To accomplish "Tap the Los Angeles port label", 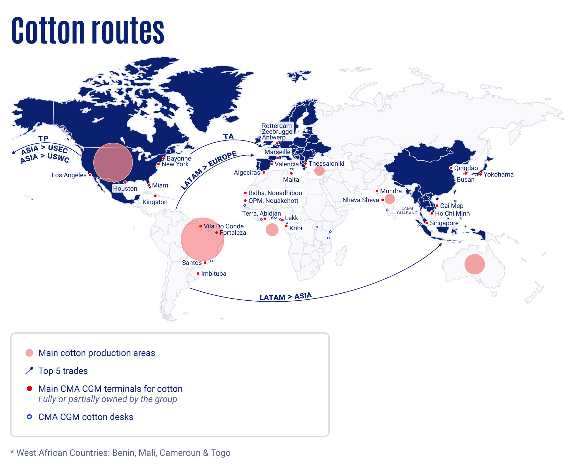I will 69,175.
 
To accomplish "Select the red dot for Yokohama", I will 480,174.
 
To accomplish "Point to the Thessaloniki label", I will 326,164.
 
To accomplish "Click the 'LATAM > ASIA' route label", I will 285,297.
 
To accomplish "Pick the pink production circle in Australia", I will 474,264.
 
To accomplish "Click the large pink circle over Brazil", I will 202,239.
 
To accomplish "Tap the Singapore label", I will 444,223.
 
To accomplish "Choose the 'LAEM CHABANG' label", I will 407,210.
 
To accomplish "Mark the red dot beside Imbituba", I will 198,274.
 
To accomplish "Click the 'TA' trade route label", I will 228,137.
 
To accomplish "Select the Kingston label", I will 155,202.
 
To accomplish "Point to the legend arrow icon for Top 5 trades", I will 29,371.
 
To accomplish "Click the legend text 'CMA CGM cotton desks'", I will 86,417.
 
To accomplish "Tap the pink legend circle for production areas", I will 29,353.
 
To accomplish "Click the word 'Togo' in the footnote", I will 220,453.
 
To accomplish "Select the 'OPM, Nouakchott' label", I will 273,201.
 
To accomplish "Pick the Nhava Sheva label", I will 361,200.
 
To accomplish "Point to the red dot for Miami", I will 149,185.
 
